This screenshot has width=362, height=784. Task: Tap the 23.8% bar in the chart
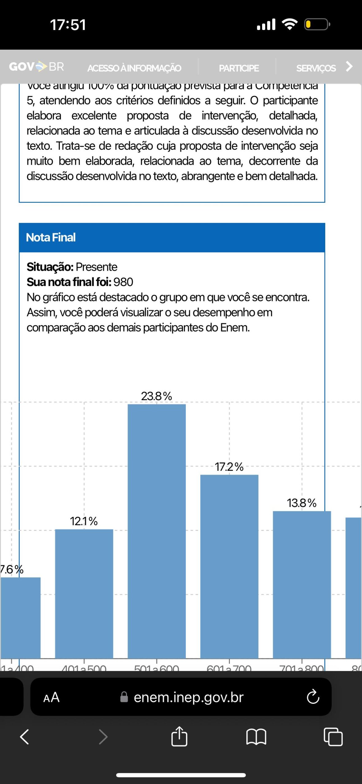(157, 531)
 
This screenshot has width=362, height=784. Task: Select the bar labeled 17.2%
(229, 566)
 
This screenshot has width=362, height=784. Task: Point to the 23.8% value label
(157, 396)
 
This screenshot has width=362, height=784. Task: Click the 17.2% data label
(229, 467)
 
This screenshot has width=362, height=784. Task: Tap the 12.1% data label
(84, 521)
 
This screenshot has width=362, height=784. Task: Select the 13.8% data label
(302, 503)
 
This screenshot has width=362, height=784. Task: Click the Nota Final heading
(51, 237)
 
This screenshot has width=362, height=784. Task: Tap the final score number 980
(123, 282)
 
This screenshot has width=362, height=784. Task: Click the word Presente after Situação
(97, 267)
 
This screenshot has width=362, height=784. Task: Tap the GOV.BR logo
(36, 66)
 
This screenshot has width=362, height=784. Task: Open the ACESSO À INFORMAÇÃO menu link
(134, 68)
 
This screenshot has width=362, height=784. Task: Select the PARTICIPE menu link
(239, 68)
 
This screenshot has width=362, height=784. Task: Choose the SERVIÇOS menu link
(316, 68)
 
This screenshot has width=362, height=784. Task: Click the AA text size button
(51, 697)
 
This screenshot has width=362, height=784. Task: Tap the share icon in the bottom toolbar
(179, 737)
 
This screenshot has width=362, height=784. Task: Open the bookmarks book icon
(256, 737)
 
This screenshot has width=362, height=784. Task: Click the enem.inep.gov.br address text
(189, 697)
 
